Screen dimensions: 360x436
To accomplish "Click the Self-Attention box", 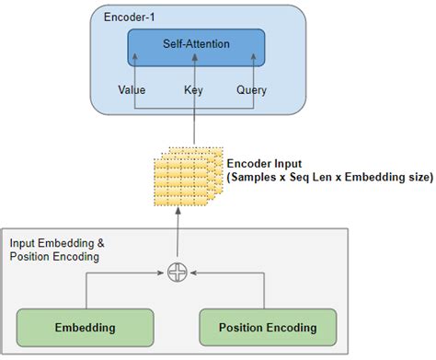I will (194, 45).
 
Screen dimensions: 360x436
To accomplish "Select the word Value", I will (132, 90).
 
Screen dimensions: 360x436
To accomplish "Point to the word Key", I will (194, 90).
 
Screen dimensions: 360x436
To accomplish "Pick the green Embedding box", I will (85, 327).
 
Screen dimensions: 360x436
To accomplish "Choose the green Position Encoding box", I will (268, 327).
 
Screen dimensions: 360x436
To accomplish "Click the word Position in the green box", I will (244, 327).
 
